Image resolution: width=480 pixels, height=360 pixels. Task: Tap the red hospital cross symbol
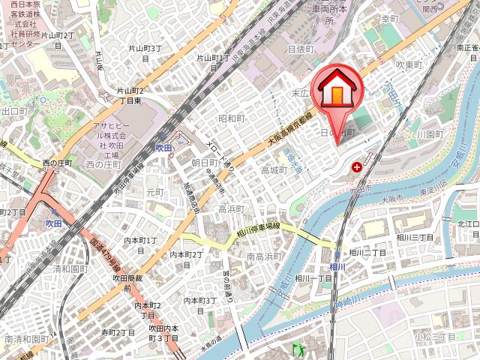pos(356,167)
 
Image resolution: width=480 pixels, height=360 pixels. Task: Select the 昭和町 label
pos(232,118)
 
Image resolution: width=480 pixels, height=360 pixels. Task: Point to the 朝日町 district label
pos(204,162)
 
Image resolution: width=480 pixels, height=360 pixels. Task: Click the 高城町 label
pos(274,170)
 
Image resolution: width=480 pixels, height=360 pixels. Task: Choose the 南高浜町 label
pos(265,256)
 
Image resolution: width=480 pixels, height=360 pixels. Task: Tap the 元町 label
pos(154,192)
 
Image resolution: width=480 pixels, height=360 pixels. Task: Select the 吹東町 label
pos(410,66)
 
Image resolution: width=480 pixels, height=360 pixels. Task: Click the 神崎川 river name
pos(350,304)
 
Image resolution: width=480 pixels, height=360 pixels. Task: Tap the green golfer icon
pos(298,349)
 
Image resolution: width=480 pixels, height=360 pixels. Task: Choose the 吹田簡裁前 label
pos(122,283)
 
